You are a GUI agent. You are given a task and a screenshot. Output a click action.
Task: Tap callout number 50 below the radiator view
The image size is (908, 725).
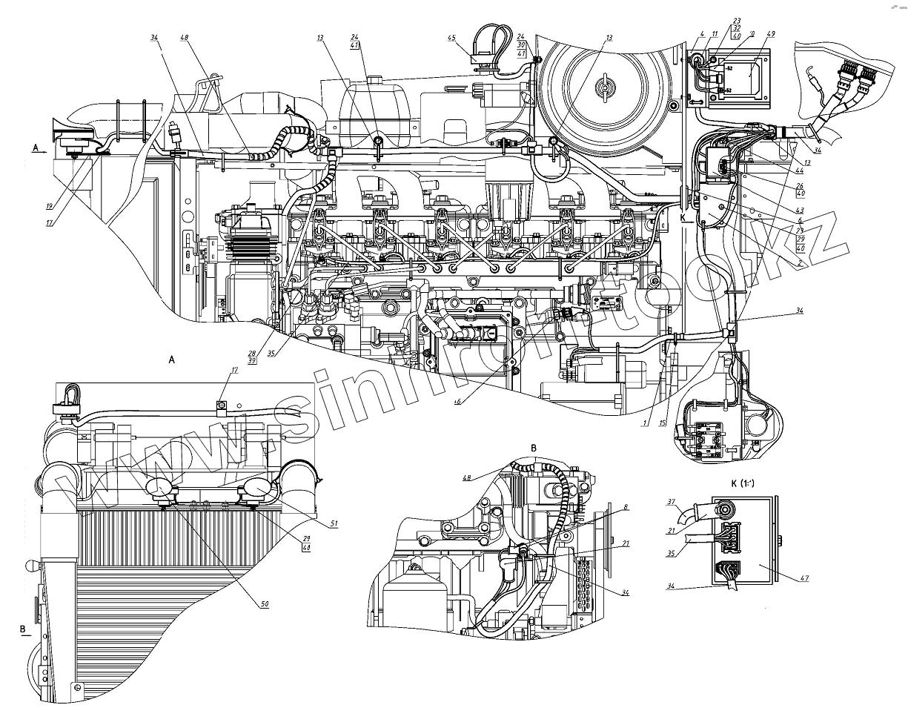tap(265, 604)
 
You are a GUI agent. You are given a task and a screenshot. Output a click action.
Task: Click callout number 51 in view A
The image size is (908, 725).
tap(334, 523)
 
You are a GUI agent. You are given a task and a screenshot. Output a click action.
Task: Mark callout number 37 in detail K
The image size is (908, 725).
tap(672, 502)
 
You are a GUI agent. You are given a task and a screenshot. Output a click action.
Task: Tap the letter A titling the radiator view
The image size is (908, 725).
tap(172, 359)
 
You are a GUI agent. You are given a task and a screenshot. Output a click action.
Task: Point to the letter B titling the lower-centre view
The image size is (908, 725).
tap(534, 446)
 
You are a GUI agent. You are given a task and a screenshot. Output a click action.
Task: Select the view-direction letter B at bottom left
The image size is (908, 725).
tap(22, 629)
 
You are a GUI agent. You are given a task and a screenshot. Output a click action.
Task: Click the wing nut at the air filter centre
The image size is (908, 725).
tap(605, 86)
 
